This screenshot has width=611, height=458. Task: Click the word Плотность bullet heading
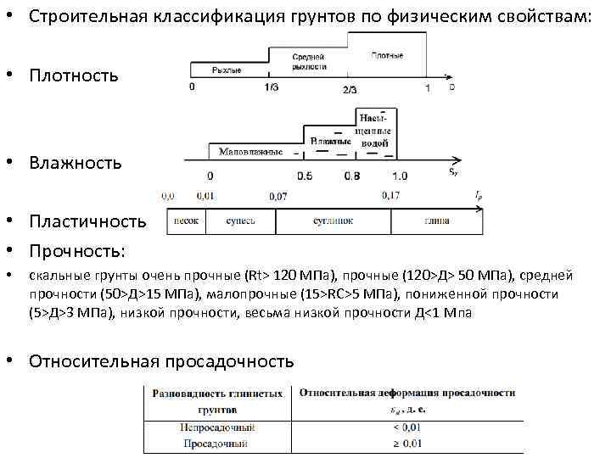(73, 75)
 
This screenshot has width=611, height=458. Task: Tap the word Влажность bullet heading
(75, 162)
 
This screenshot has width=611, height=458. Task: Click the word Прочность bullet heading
(77, 250)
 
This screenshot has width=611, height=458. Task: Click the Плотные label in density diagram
(387, 55)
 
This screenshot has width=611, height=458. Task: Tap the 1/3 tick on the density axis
(271, 88)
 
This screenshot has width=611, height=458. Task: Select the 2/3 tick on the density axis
(350, 89)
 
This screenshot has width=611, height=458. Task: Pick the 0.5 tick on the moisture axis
(305, 176)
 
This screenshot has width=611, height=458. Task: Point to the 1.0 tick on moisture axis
(400, 176)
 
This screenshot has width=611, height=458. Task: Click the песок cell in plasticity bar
(186, 221)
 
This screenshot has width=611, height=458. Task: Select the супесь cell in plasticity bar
(240, 221)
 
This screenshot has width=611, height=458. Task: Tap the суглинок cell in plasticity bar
(332, 221)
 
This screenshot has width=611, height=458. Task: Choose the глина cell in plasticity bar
(437, 221)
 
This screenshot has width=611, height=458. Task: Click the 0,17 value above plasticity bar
(391, 196)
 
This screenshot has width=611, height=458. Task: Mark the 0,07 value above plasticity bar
(277, 197)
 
